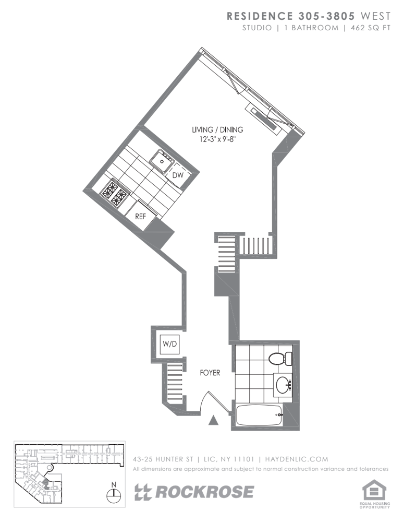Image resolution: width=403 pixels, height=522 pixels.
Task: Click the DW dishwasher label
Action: click(x=178, y=175)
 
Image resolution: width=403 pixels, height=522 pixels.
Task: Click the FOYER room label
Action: click(x=210, y=373)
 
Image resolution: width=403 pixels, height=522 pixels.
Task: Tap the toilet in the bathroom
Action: click(x=279, y=359)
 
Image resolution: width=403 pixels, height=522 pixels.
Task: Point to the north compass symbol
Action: click(x=114, y=492)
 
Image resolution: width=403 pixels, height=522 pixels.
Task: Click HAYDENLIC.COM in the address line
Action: click(x=297, y=459)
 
